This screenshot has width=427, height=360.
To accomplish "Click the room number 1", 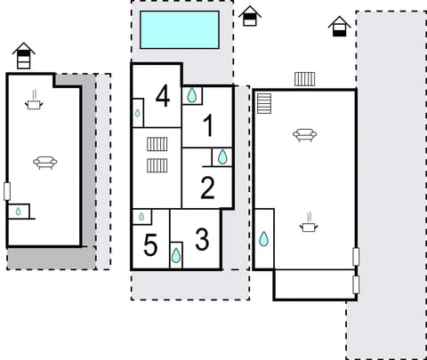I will coord(207,126).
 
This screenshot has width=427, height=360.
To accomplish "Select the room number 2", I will coord(207,188).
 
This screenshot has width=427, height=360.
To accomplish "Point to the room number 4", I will coord(163,96).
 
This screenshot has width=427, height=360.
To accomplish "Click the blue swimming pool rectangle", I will coord(181,29).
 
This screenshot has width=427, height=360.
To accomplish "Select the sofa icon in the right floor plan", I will coord(305,135).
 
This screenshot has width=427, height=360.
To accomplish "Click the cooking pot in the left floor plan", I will coord(35,103).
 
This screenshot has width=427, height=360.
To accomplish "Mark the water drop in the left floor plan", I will coord(18,212).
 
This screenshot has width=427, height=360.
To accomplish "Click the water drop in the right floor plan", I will coord(263,238).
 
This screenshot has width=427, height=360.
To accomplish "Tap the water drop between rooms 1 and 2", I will coord(222,157).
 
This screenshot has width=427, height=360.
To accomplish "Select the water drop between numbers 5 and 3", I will coord(176,255).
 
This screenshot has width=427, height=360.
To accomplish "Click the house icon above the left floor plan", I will coord(24,56).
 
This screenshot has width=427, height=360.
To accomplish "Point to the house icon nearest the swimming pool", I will coord(250,16).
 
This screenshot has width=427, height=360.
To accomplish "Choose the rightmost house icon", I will coord(338,27).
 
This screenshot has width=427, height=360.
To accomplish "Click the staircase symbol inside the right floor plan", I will coord(264,104).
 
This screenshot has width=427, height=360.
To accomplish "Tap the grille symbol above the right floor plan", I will coord(304,79).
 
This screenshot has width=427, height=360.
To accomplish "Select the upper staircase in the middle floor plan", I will coord(157,144).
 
